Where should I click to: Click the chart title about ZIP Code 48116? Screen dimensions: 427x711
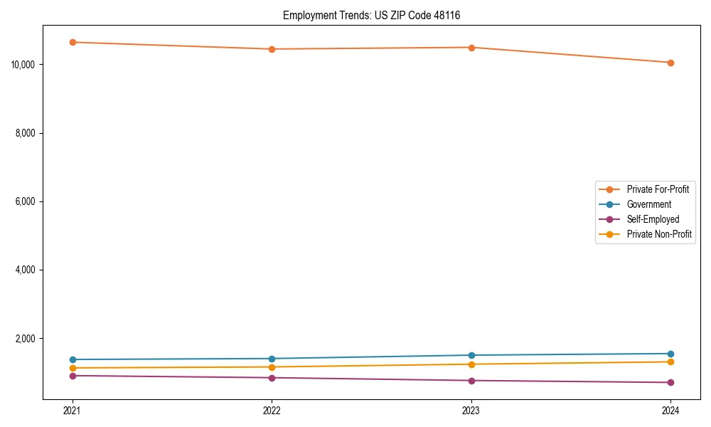click(x=371, y=16)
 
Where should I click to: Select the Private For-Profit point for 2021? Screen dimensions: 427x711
click(x=73, y=42)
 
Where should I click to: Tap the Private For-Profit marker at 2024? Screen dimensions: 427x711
click(x=670, y=63)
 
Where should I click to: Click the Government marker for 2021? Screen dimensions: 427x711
click(x=73, y=359)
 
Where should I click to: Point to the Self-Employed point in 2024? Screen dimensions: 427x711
click(x=670, y=382)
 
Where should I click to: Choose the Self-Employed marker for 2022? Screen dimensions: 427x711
click(x=272, y=377)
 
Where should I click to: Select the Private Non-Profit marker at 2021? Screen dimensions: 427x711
click(x=73, y=368)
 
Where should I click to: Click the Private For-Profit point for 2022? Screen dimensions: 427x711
click(x=272, y=49)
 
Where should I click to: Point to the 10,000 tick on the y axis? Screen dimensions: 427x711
click(x=23, y=65)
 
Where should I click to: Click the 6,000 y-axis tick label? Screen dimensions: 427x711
click(x=26, y=201)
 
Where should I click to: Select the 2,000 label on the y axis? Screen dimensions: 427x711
click(x=26, y=338)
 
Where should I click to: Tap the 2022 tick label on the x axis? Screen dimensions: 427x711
click(x=272, y=410)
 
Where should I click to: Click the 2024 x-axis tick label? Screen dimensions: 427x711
click(x=670, y=410)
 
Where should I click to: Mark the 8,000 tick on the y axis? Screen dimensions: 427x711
click(x=26, y=133)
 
